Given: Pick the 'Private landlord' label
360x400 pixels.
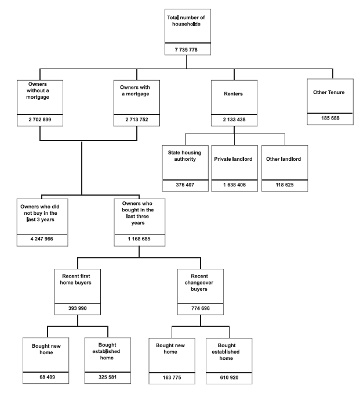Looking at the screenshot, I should (235, 159).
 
